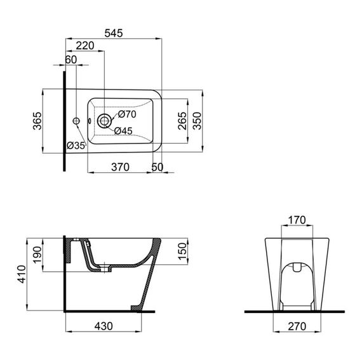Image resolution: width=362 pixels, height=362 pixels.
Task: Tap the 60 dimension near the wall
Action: point(70,60)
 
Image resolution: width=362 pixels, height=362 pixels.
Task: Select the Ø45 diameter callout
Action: point(124,131)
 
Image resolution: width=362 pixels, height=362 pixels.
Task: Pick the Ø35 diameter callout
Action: point(76,146)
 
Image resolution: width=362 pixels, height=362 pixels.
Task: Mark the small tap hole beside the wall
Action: point(76,120)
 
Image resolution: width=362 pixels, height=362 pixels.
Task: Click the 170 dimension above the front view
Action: point(297,220)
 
